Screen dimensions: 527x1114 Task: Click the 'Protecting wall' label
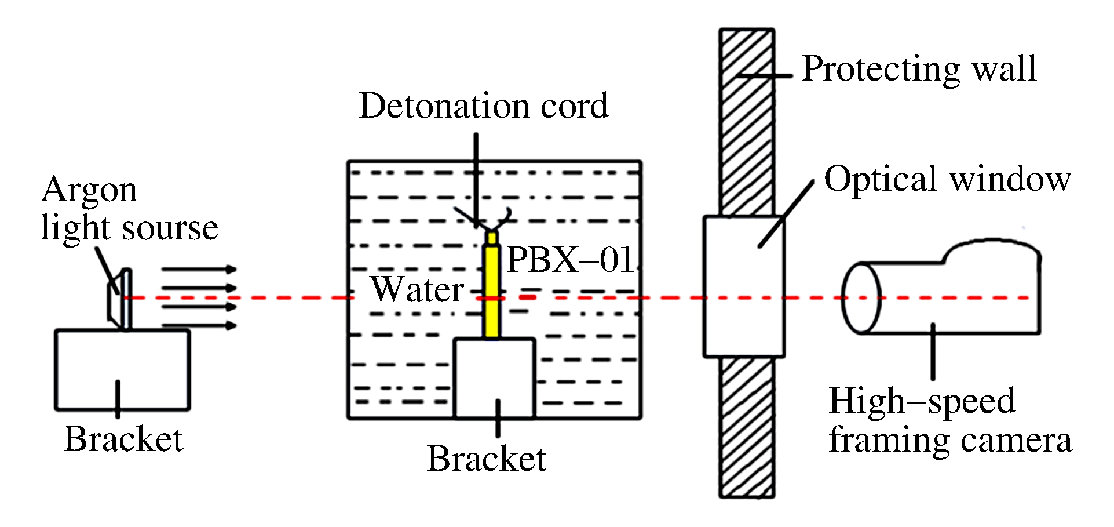pyautogui.click(x=919, y=69)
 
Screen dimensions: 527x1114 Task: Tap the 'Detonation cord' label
pyautogui.click(x=484, y=106)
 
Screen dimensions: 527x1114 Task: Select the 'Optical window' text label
pyautogui.click(x=947, y=179)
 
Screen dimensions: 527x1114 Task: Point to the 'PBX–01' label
pyautogui.click(x=570, y=259)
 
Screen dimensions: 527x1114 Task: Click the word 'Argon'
pyautogui.click(x=89, y=191)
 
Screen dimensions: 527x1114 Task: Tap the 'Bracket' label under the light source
pyautogui.click(x=123, y=439)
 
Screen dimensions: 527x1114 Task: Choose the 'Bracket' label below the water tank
pyautogui.click(x=486, y=459)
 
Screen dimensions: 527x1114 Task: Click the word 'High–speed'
pyautogui.click(x=922, y=401)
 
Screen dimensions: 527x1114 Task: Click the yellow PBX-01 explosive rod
pyautogui.click(x=492, y=290)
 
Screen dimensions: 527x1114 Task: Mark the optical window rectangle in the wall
pyautogui.click(x=744, y=286)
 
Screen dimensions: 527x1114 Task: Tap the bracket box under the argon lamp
pyautogui.click(x=122, y=370)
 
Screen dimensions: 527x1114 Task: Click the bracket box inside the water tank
pyautogui.click(x=494, y=377)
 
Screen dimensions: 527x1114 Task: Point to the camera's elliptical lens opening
pyautogui.click(x=861, y=298)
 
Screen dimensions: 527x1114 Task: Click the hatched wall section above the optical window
pyautogui.click(x=747, y=122)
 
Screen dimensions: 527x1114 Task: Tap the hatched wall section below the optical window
pyautogui.click(x=747, y=427)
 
